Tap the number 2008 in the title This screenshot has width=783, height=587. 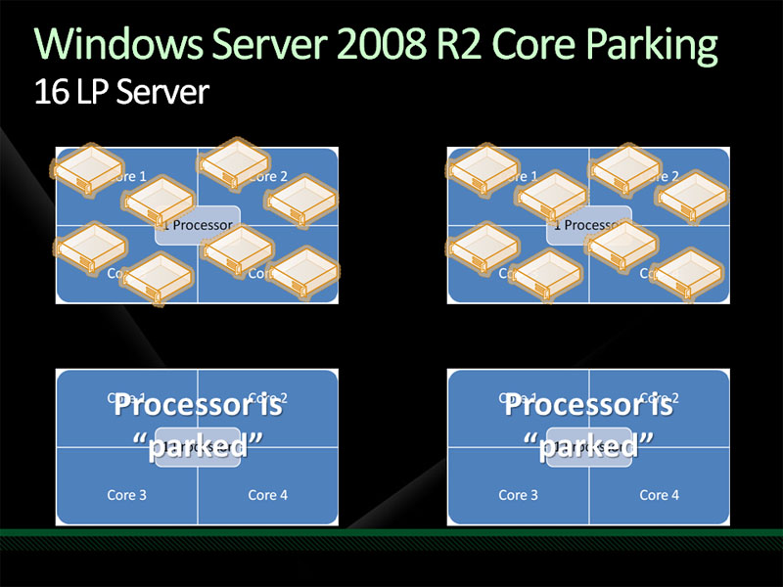pyautogui.click(x=388, y=45)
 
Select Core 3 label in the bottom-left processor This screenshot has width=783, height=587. pyautogui.click(x=127, y=495)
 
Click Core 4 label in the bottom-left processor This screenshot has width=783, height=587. pyautogui.click(x=268, y=495)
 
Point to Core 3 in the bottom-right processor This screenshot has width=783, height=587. pyautogui.click(x=519, y=495)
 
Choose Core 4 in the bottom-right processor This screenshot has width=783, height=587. pyautogui.click(x=660, y=495)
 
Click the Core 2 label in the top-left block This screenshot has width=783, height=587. pyautogui.click(x=268, y=177)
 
